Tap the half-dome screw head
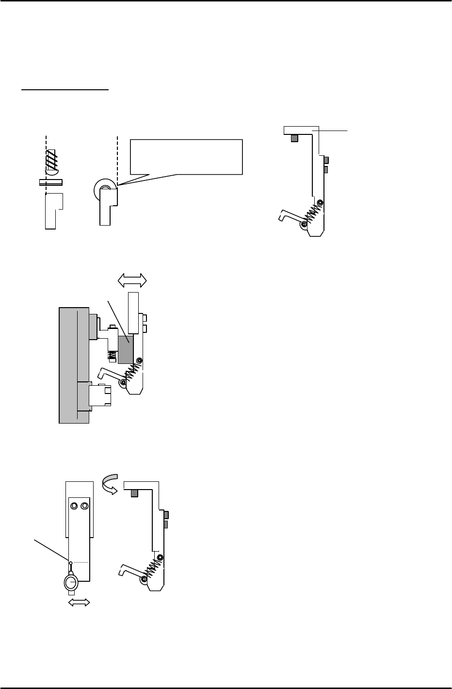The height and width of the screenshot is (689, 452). click(51, 171)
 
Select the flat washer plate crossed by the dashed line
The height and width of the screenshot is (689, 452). click(51, 182)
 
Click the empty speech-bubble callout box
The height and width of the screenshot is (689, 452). click(186, 156)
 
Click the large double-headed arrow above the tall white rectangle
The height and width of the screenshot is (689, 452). click(133, 279)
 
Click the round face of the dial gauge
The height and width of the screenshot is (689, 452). click(71, 583)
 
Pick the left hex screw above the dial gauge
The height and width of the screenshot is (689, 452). click(74, 506)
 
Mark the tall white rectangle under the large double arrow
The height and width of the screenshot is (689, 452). click(133, 312)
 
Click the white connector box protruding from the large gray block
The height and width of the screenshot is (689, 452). click(100, 395)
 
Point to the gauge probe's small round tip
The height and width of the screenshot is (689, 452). click(71, 563)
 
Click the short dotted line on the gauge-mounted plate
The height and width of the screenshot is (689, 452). click(82, 562)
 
